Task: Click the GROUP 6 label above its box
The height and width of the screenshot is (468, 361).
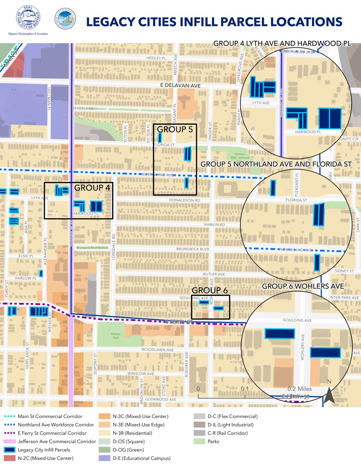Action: coord(210,290)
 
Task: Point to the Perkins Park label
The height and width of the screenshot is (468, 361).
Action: coord(116,336)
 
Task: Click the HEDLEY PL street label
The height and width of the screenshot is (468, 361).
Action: coord(156,58)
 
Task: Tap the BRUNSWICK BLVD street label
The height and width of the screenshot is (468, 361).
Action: coord(193,249)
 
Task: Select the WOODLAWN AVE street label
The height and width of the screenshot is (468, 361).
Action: coord(157,350)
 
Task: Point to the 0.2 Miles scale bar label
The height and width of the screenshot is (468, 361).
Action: coord(300,389)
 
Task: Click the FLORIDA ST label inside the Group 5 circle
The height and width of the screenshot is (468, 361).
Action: coord(296,200)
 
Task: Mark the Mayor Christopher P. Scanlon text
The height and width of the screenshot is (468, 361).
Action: coord(28,34)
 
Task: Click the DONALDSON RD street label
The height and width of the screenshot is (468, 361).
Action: coord(184,200)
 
